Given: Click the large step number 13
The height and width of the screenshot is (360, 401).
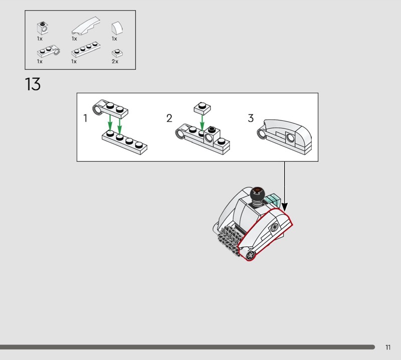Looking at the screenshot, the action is (x=33, y=84).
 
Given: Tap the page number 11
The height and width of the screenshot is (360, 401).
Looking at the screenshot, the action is (x=388, y=347).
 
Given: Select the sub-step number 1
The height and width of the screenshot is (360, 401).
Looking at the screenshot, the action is (x=85, y=118).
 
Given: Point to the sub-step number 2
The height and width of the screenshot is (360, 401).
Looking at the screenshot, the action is (x=169, y=118).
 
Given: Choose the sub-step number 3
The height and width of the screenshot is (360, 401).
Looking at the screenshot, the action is (x=251, y=118).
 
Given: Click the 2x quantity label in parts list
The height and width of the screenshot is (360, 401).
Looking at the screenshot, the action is (x=115, y=61).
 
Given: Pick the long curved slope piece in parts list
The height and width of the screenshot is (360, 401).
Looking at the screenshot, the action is (x=86, y=26).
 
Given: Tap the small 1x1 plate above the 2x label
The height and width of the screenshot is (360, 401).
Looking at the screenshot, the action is (x=117, y=53).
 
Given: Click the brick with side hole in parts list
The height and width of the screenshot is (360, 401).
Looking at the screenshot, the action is (x=43, y=28).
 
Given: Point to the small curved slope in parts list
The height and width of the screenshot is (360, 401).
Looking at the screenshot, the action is (x=117, y=28).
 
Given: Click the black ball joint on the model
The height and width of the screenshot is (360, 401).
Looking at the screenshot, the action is (x=257, y=195).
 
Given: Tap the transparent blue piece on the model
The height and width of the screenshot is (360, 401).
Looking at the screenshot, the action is (x=273, y=200).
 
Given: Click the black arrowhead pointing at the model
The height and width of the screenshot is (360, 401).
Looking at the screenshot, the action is (x=284, y=207).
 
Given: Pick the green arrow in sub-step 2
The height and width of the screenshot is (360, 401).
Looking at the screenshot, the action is (x=202, y=123).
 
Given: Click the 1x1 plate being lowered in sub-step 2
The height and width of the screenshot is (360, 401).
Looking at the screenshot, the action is (x=203, y=108).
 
